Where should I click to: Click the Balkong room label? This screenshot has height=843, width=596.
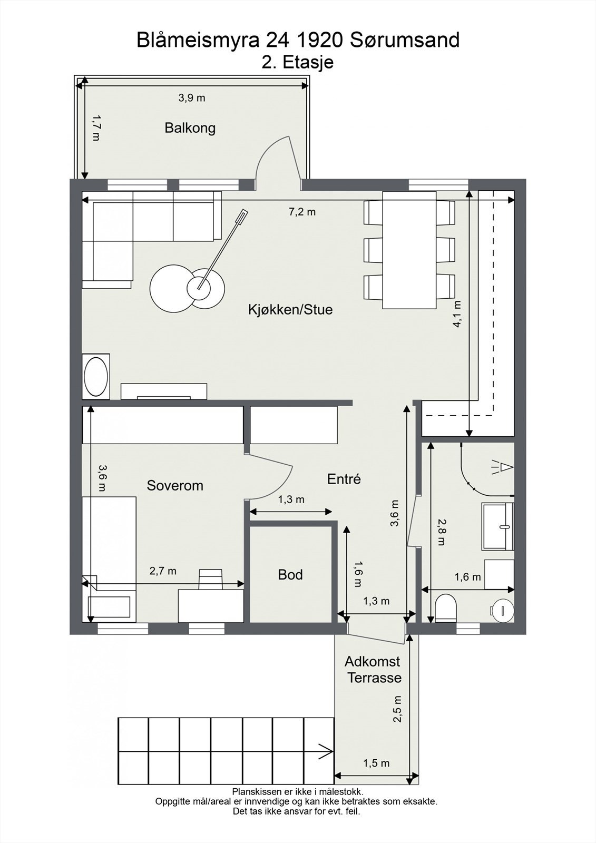pyautogui.click(x=190, y=129)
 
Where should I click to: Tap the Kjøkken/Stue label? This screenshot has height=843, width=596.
pyautogui.click(x=290, y=310)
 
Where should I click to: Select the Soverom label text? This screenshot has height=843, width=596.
pyautogui.click(x=175, y=485)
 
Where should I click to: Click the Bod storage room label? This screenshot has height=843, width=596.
pyautogui.click(x=290, y=575)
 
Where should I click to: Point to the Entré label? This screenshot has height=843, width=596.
pyautogui.click(x=344, y=479)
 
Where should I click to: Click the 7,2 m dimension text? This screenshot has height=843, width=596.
pyautogui.click(x=302, y=212)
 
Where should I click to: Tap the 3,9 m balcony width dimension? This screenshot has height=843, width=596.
pyautogui.click(x=192, y=98)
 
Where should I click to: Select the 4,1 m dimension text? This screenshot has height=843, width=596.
pyautogui.click(x=457, y=313)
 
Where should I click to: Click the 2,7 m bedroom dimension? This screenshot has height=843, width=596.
pyautogui.click(x=163, y=571)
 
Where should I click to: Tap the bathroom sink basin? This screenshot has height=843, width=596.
pyautogui.click(x=498, y=526)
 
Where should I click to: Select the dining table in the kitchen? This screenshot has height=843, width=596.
pyautogui.click(x=409, y=250)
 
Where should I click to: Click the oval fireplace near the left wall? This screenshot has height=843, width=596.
pyautogui.click(x=96, y=376)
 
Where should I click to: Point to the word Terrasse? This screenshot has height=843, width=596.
pyautogui.click(x=374, y=678)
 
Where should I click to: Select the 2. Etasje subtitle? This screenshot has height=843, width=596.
pyautogui.click(x=297, y=62)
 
